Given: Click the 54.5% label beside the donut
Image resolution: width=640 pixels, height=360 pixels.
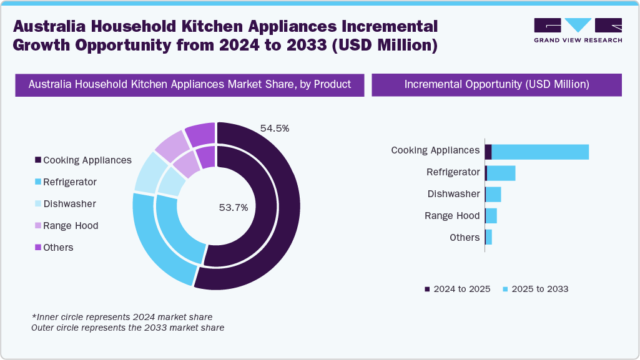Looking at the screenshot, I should point(274,129).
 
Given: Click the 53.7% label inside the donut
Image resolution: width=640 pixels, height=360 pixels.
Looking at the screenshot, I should point(233,208).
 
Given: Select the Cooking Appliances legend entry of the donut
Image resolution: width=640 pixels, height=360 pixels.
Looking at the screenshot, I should point(83,160).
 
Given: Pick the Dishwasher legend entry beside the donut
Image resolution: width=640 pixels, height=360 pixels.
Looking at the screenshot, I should point(65,204).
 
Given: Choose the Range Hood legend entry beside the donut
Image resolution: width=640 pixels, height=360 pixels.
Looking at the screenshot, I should point(66,226).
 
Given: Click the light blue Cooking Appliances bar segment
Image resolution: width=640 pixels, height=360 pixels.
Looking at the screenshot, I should point(540,152).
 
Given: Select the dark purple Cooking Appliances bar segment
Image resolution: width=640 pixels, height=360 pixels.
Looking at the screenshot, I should point(488,152).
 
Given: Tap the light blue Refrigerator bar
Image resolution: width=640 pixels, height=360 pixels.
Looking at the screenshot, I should point(501,173).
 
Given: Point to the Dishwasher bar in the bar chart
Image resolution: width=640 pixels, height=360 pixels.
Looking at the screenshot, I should point(493,195).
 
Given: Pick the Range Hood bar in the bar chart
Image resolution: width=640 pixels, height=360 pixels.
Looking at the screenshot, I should point(491,216).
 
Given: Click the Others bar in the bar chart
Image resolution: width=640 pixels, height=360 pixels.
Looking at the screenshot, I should point(489,238).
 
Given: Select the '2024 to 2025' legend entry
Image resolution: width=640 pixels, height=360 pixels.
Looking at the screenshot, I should point(457,289).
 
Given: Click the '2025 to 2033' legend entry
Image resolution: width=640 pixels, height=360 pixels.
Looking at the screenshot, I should point(535,289).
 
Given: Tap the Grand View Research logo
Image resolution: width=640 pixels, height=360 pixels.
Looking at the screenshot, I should point(578,30).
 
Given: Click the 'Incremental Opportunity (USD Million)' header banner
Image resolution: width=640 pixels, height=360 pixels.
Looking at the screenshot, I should point(496,85).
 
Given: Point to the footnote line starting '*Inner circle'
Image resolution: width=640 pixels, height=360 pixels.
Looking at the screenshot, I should point(122,317).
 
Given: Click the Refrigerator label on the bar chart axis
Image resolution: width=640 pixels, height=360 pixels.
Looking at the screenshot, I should point(453,172).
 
